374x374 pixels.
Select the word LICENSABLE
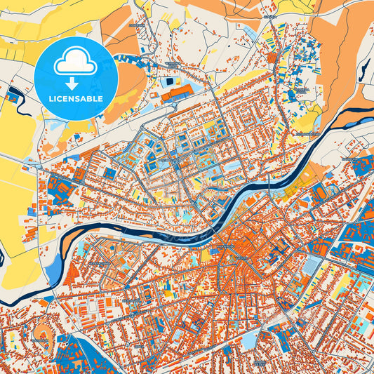[x=75, y=100]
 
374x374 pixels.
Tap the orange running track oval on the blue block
[x=323, y=191]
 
